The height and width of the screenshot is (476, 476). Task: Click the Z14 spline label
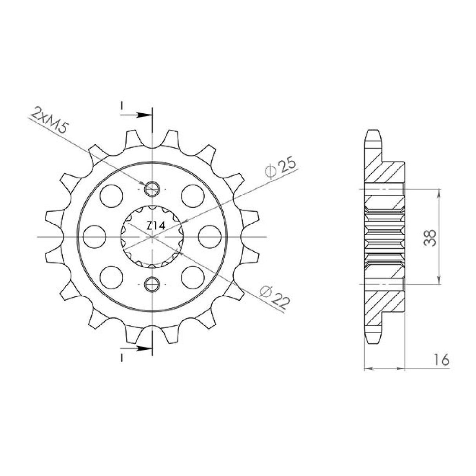coord(156,226)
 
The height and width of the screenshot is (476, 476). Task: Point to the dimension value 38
coord(431,237)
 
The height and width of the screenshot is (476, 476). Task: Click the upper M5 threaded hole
coord(152,189)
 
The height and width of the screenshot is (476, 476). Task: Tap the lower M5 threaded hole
coord(152,284)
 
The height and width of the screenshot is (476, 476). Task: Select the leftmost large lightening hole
coord(95,237)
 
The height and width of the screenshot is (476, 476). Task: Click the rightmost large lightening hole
coord(209,237)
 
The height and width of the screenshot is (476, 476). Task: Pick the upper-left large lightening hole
coord(111,195)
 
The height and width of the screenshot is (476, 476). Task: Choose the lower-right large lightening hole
coord(193,278)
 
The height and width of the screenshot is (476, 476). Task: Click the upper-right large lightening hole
coord(193,195)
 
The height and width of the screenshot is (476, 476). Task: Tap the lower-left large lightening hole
coord(111,278)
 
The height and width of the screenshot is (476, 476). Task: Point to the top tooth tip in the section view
coord(373,133)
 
